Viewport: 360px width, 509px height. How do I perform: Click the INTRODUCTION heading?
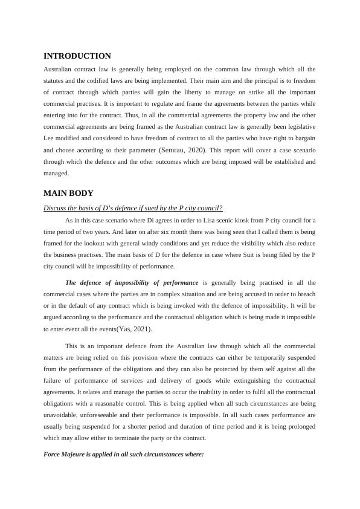pos(77,56)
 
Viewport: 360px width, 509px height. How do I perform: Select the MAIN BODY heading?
pos(68,193)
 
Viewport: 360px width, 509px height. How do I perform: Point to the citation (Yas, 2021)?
pos(135,329)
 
